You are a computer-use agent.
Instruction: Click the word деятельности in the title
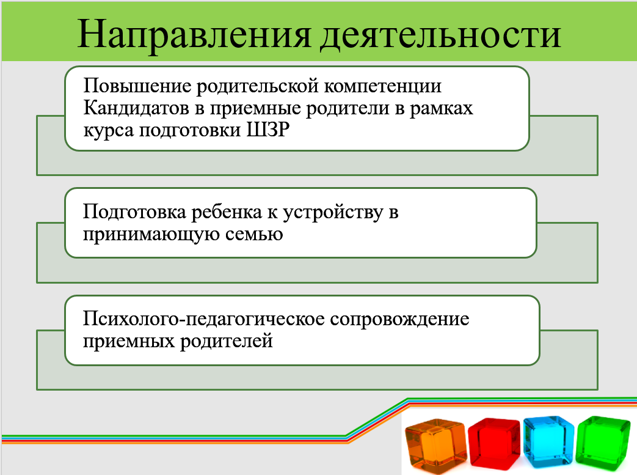pyautogui.click(x=441, y=36)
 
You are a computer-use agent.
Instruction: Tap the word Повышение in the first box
pyautogui.click(x=137, y=86)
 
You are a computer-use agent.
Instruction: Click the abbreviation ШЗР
pyautogui.click(x=268, y=130)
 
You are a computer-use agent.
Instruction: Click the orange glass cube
pyautogui.click(x=436, y=445)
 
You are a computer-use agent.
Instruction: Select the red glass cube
pyautogui.click(x=495, y=442)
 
